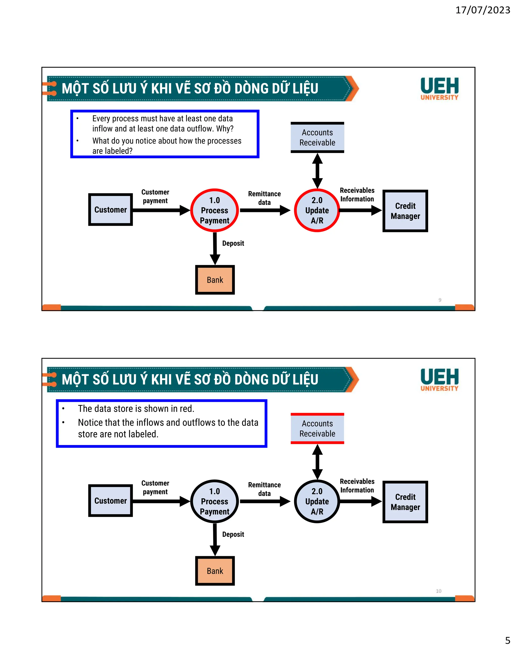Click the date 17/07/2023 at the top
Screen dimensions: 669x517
pyautogui.click(x=482, y=10)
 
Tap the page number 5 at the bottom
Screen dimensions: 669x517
pyautogui.click(x=507, y=640)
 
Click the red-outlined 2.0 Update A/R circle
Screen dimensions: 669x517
pyautogui.click(x=317, y=211)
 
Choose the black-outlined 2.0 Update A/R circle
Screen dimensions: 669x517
pyautogui.click(x=317, y=501)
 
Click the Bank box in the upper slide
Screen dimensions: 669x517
pyautogui.click(x=215, y=280)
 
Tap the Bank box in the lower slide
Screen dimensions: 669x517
pyautogui.click(x=215, y=571)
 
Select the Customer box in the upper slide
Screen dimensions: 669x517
pyautogui.click(x=110, y=210)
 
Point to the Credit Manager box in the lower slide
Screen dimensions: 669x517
pyautogui.click(x=405, y=502)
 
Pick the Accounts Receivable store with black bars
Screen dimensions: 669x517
pyautogui.click(x=317, y=138)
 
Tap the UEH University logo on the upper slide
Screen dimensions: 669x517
pyautogui.click(x=439, y=89)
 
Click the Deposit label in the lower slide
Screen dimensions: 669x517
pyautogui.click(x=233, y=534)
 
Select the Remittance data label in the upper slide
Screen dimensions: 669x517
pyautogui.click(x=264, y=198)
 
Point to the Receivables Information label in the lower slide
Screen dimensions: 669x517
pyautogui.click(x=357, y=485)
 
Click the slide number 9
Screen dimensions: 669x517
pyautogui.click(x=440, y=300)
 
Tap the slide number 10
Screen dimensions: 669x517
pyautogui.click(x=438, y=591)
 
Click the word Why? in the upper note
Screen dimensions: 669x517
pyautogui.click(x=225, y=129)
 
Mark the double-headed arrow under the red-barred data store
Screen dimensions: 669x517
pyautogui.click(x=317, y=462)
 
